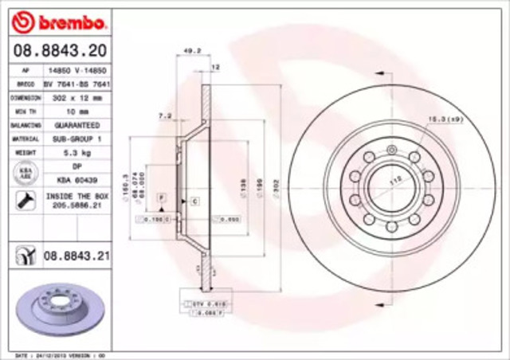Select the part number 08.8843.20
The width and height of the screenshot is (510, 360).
pos(57,51)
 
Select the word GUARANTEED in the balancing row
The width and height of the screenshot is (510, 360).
pos(77,125)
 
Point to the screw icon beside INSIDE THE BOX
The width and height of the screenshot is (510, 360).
pos(24,199)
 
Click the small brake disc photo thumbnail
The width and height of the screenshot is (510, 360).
pos(56,310)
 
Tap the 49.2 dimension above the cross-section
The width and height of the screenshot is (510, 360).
pos(192,52)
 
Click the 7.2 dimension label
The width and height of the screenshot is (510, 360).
pos(166,115)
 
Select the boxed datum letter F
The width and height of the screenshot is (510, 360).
pos(161,196)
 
